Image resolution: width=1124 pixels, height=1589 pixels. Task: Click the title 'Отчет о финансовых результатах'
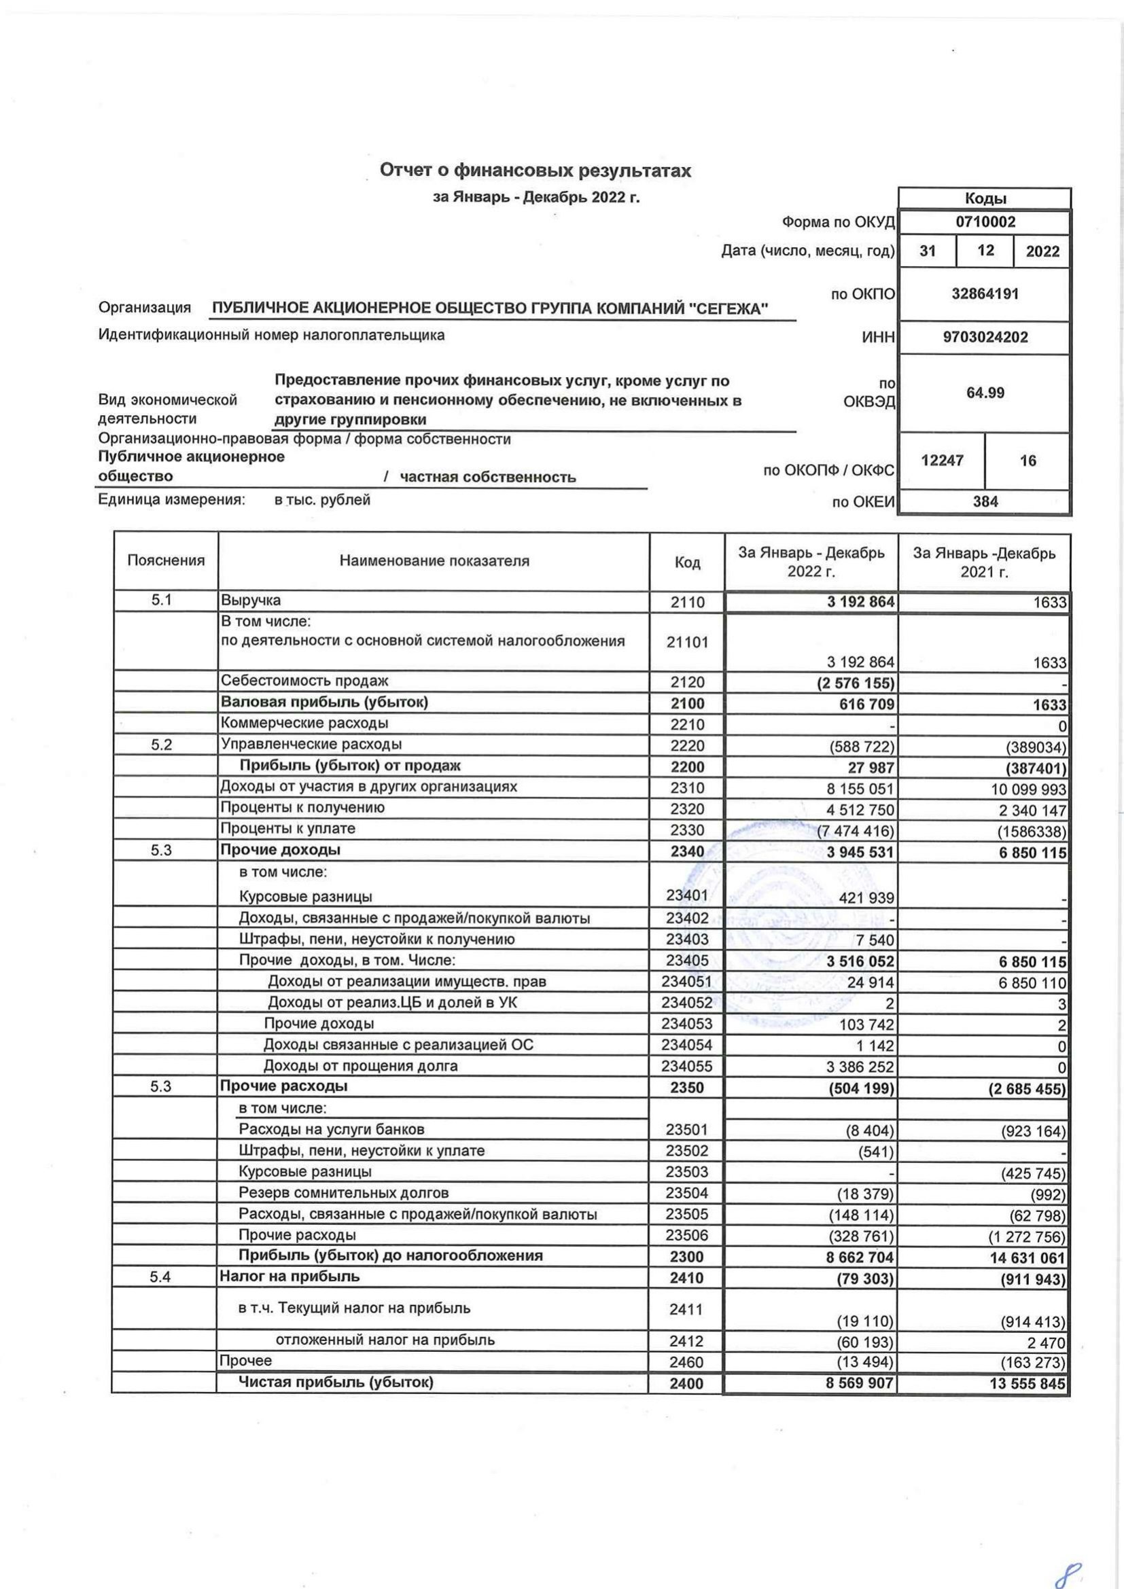point(535,171)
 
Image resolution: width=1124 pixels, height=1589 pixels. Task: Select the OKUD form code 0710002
point(985,222)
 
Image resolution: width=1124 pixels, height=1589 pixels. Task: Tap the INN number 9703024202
point(985,337)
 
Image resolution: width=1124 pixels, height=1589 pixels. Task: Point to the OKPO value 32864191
point(985,293)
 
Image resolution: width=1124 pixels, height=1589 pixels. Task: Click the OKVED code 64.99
point(985,393)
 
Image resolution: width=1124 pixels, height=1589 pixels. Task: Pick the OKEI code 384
point(985,502)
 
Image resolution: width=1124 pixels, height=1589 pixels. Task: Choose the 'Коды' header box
point(985,198)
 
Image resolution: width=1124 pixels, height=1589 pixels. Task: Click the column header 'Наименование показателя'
point(434,561)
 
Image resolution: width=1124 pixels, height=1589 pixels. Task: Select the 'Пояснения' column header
point(166,561)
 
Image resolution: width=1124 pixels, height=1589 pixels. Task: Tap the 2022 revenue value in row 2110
point(860,602)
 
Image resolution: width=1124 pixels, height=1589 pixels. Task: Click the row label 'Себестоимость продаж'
point(304,681)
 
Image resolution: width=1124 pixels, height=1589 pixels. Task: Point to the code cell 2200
point(687,767)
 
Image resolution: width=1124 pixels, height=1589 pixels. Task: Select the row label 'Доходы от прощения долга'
point(361,1066)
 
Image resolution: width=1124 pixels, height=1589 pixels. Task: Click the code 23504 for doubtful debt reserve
point(687,1193)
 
